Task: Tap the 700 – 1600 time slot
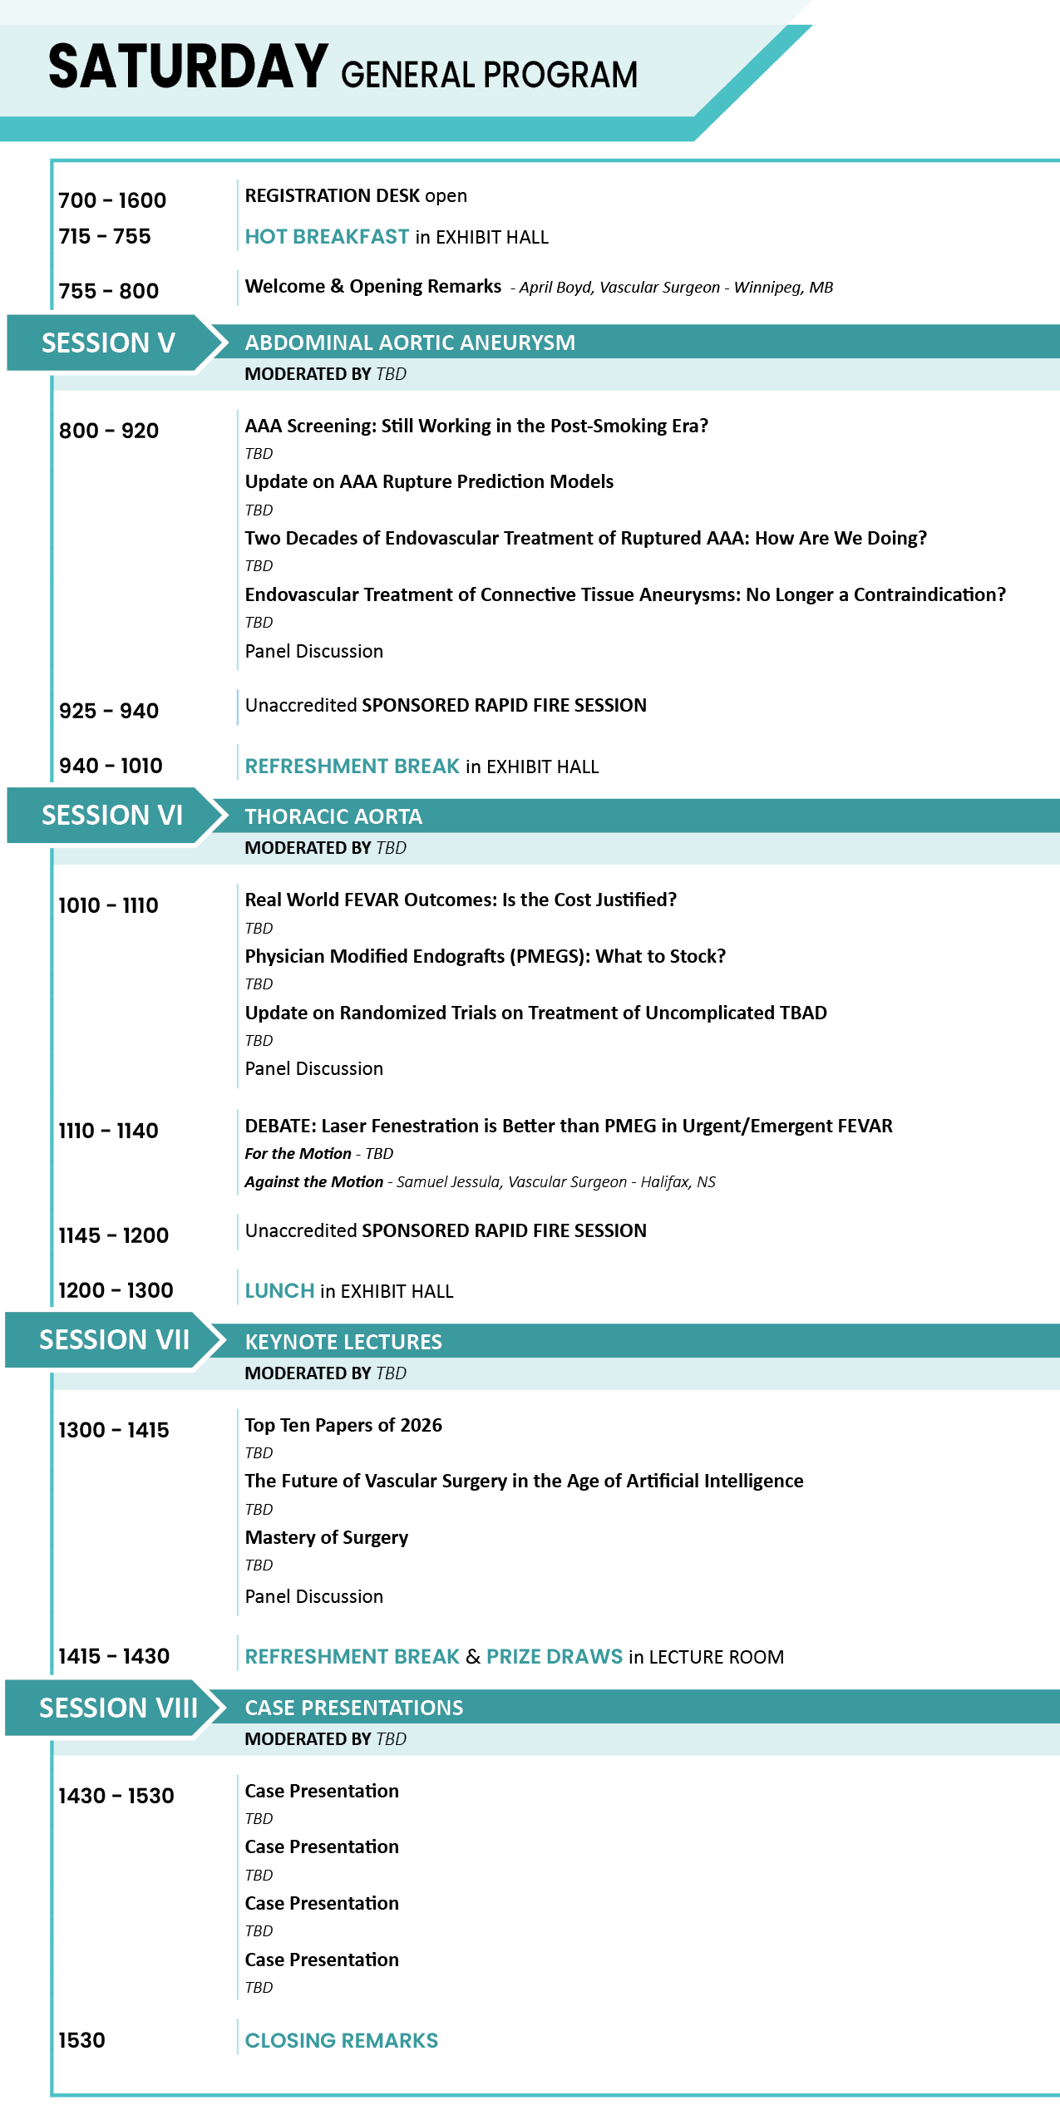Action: pyautogui.click(x=112, y=200)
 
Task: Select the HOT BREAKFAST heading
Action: pyautogui.click(x=327, y=237)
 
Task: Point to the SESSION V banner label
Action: pyautogui.click(x=108, y=343)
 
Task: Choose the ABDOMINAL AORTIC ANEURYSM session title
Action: pyautogui.click(x=410, y=343)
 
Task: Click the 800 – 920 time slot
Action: pyautogui.click(x=109, y=431)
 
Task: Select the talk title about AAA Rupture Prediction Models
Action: pyautogui.click(x=429, y=481)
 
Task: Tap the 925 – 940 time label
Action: pyautogui.click(x=109, y=711)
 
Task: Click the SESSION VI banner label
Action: pyautogui.click(x=112, y=815)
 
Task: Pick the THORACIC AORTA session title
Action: pyautogui.click(x=333, y=816)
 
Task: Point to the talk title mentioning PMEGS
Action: pyautogui.click(x=486, y=956)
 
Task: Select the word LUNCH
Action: pyautogui.click(x=279, y=1291)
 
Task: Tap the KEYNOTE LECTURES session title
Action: pyautogui.click(x=343, y=1342)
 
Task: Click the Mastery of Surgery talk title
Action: pyautogui.click(x=327, y=1538)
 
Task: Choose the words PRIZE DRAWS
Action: pyautogui.click(x=555, y=1657)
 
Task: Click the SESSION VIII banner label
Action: pyautogui.click(x=119, y=1708)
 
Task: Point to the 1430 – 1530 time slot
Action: pyautogui.click(x=116, y=1796)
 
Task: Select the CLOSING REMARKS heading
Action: pyautogui.click(x=342, y=2041)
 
